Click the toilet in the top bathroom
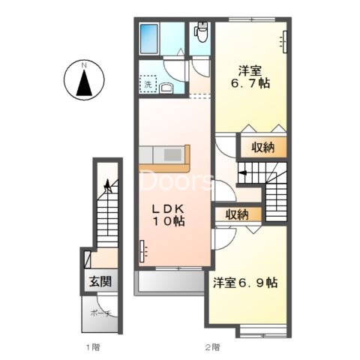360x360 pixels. (201, 32)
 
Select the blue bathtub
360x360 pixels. (149, 39)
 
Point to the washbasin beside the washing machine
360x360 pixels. (166, 88)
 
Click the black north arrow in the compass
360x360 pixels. (84, 83)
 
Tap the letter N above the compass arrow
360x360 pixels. (84, 65)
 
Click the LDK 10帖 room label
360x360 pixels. (168, 214)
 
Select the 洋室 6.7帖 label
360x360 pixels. (250, 76)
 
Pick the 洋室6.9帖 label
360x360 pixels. (245, 283)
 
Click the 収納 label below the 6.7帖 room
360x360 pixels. (262, 147)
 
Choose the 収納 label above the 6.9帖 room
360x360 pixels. (237, 214)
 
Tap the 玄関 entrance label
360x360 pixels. (100, 281)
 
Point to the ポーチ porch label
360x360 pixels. (100, 313)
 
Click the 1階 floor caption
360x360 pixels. (93, 347)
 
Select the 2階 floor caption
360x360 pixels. (213, 347)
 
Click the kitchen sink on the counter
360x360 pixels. (172, 154)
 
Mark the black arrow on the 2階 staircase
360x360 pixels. (243, 172)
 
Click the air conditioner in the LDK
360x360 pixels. (143, 251)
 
